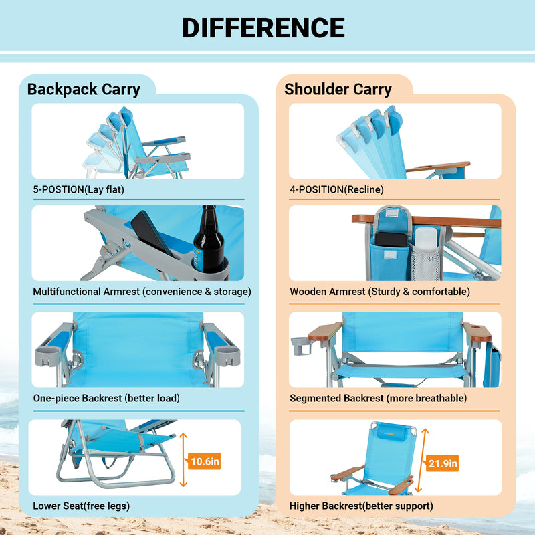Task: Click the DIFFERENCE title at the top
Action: tap(263, 28)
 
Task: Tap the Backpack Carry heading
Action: tap(84, 89)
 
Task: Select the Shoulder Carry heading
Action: tap(338, 89)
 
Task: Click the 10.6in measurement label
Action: tap(204, 461)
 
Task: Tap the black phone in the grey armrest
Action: tap(152, 235)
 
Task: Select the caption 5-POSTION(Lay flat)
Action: tap(79, 189)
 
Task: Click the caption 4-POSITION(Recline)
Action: tap(336, 189)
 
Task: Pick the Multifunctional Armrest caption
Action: tap(142, 292)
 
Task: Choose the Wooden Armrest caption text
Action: tap(380, 292)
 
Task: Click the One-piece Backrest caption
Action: tap(106, 398)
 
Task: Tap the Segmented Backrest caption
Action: tap(378, 398)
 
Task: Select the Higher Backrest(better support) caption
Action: tap(361, 505)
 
